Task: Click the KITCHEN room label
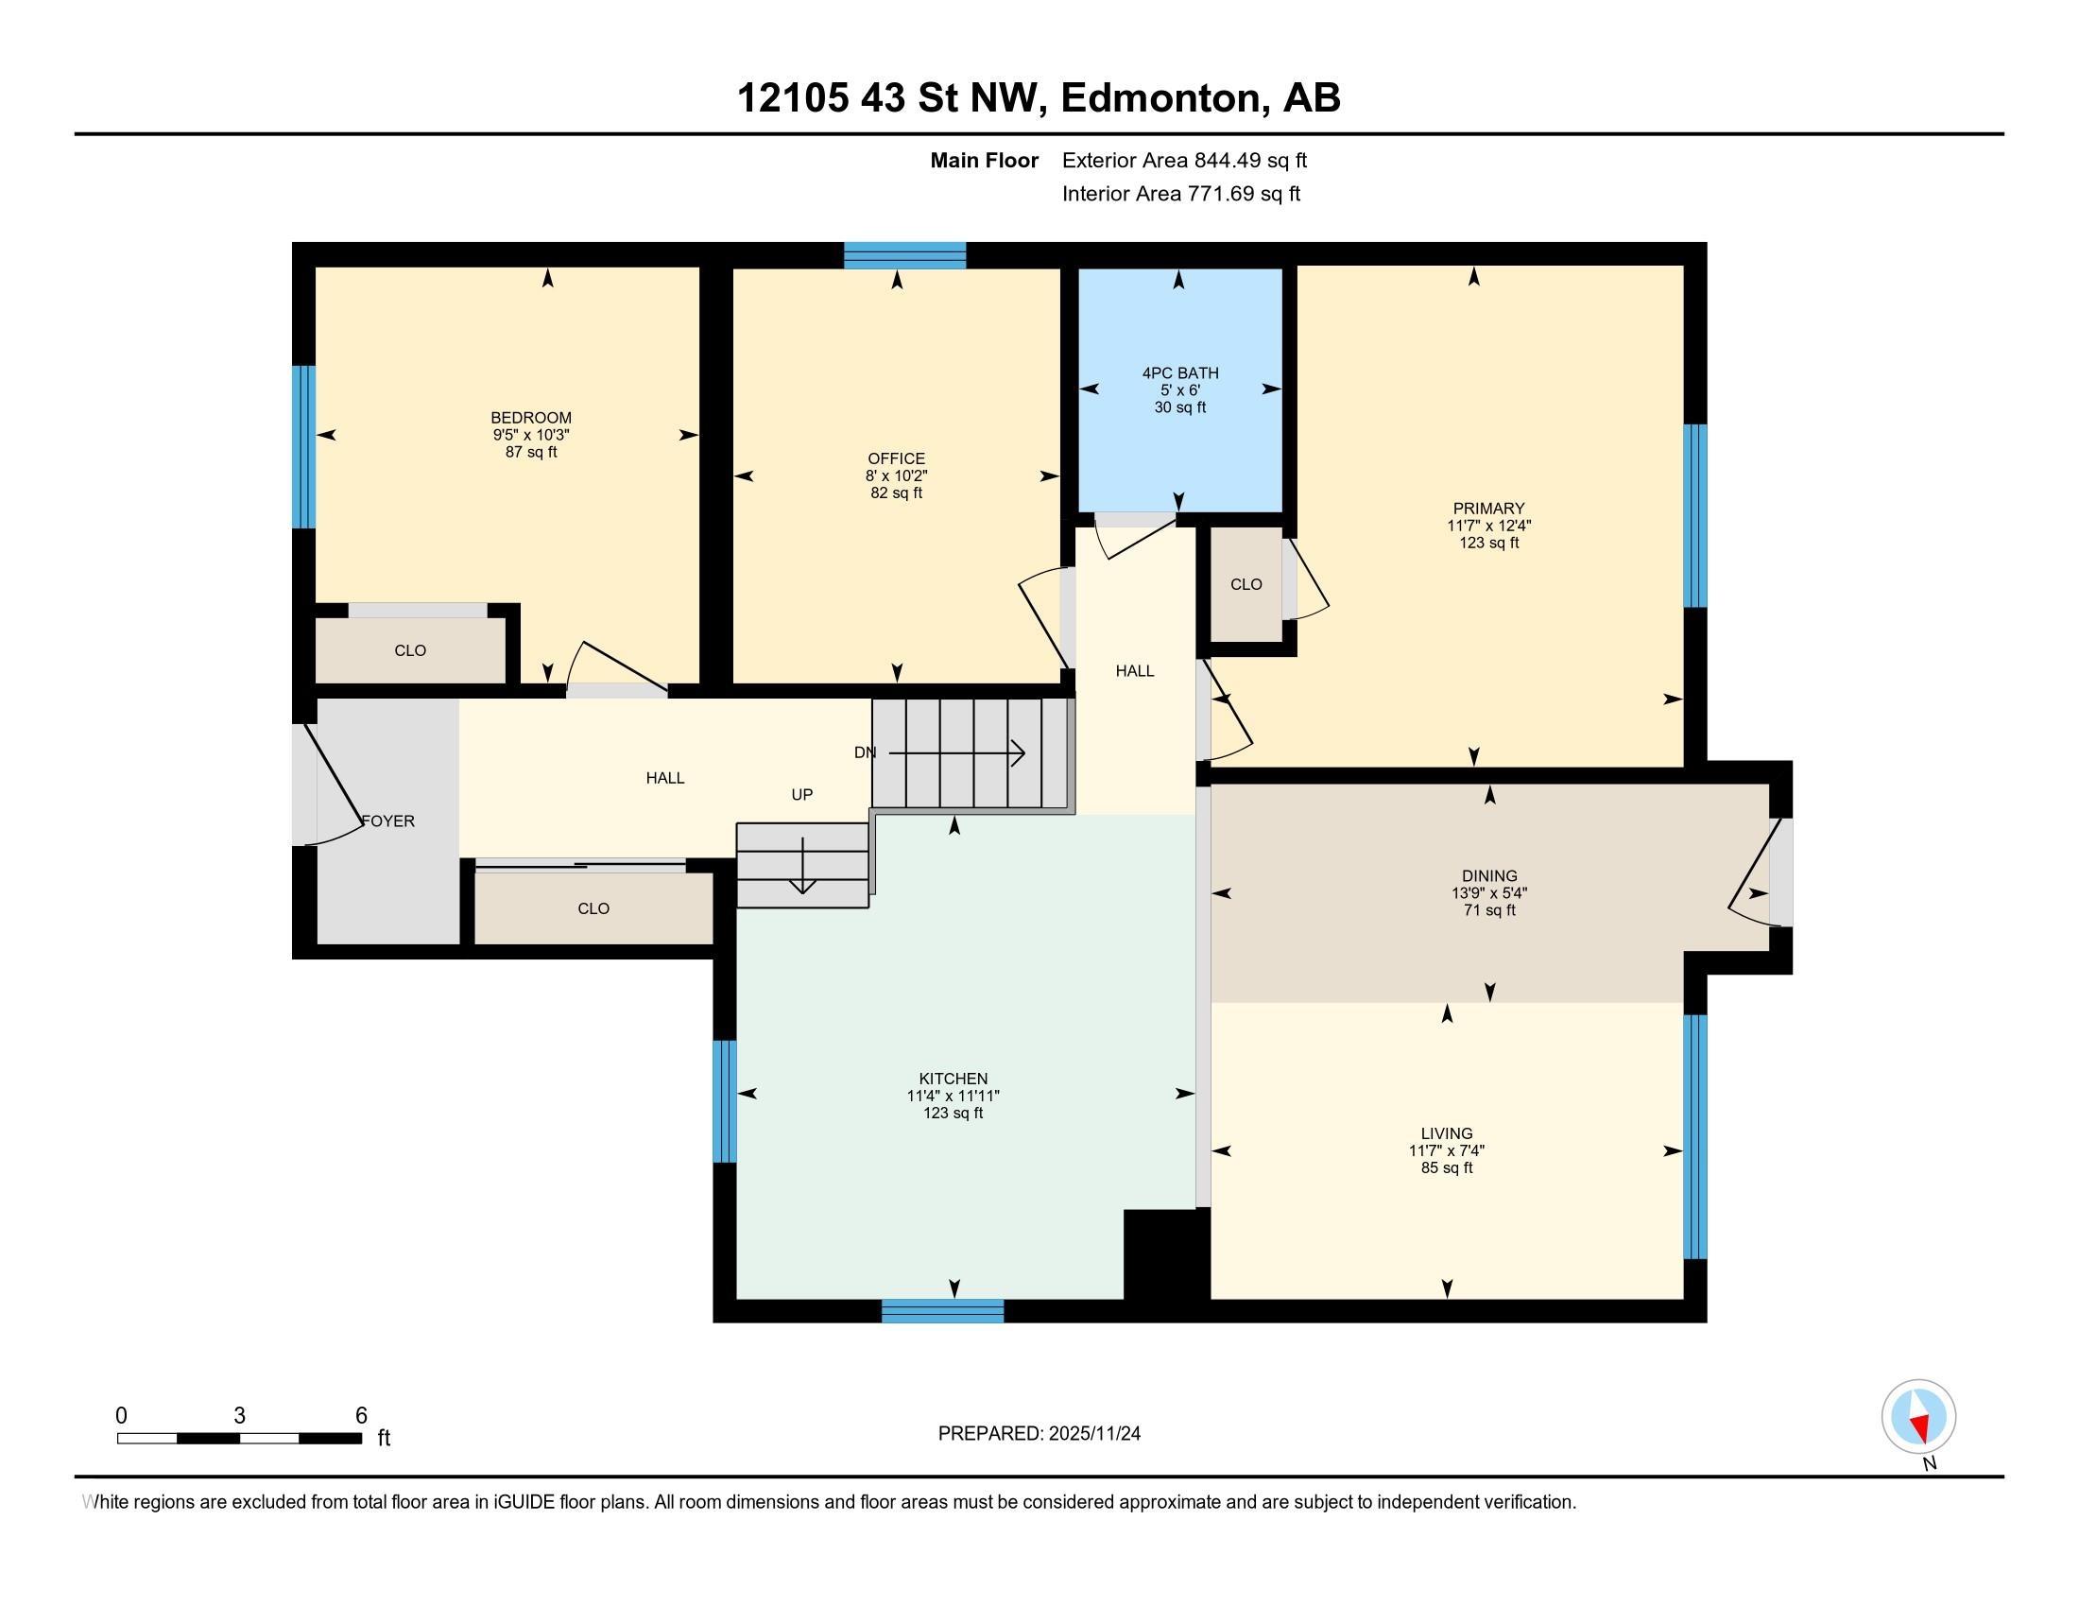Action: tap(953, 1079)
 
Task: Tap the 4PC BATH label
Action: tap(1180, 373)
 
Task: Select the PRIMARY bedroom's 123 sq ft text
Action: tap(1488, 543)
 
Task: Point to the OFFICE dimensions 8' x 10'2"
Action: tap(896, 475)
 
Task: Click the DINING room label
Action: tap(1489, 876)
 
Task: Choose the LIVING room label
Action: tap(1447, 1132)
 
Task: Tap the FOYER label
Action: tap(388, 821)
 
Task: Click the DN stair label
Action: tap(865, 752)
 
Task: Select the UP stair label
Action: tap(802, 794)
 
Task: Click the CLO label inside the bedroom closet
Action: tap(410, 650)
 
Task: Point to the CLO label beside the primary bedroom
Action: tap(1246, 583)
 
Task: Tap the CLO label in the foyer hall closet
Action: tap(593, 908)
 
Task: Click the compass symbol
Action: tap(1919, 1418)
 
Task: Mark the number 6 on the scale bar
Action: tap(361, 1416)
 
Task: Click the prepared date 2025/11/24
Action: tap(1093, 1434)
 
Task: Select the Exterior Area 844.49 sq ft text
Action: tap(1185, 160)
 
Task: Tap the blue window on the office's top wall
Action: tap(905, 255)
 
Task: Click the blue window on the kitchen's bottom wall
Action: tap(942, 1311)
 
